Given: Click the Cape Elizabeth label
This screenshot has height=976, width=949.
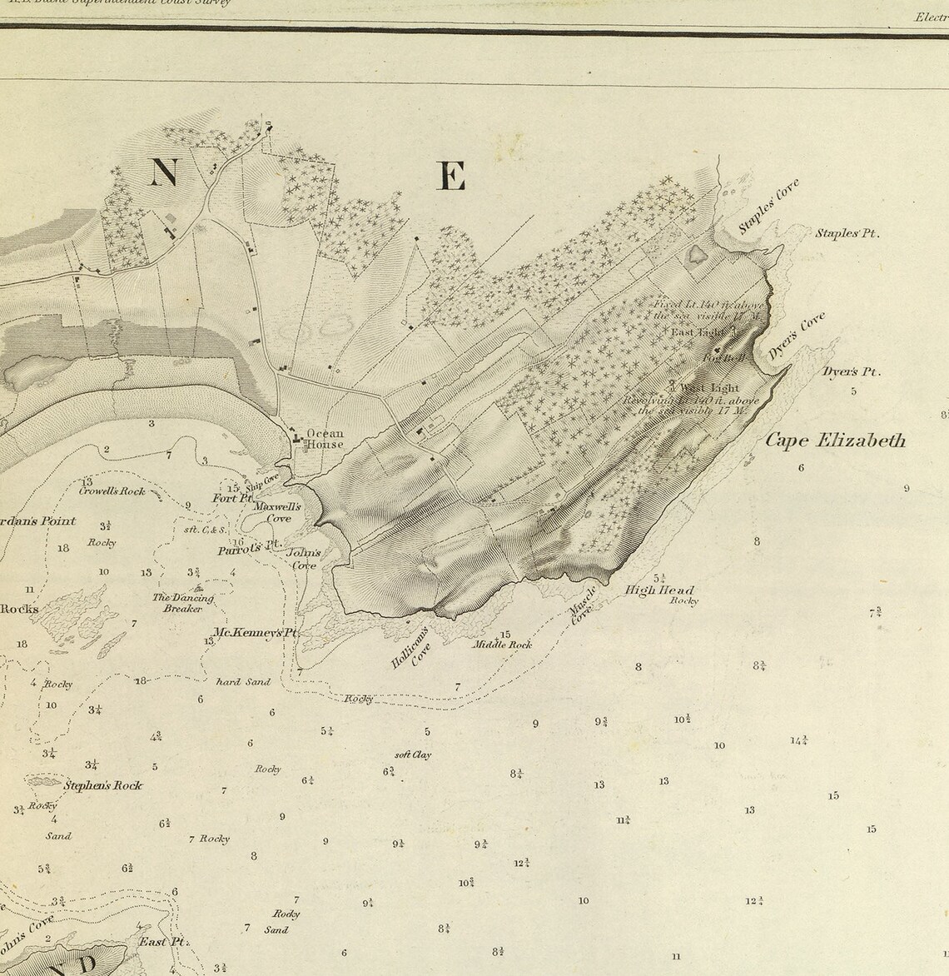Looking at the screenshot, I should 835,441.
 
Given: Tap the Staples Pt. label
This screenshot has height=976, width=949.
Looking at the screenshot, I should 847,234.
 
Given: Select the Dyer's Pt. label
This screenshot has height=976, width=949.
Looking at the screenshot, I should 851,372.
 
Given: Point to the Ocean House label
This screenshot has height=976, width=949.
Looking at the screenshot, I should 325,439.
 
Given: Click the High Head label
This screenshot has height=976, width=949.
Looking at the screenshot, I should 659,590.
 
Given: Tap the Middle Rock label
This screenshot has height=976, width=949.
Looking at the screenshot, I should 502,645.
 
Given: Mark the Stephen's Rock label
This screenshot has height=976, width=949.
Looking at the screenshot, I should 102,785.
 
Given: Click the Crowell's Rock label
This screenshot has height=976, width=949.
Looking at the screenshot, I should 112,491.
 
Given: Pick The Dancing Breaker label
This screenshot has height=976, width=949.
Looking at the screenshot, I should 183,603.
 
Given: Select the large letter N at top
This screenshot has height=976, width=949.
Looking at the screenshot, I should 164,173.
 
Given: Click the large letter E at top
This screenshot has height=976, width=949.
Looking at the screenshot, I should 450,177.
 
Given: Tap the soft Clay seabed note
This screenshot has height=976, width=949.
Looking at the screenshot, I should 413,755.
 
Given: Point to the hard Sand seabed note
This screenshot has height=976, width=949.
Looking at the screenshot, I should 243,682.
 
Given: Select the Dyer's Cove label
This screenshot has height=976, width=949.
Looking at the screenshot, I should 796,336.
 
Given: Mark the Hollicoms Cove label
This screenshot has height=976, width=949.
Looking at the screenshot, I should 412,649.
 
